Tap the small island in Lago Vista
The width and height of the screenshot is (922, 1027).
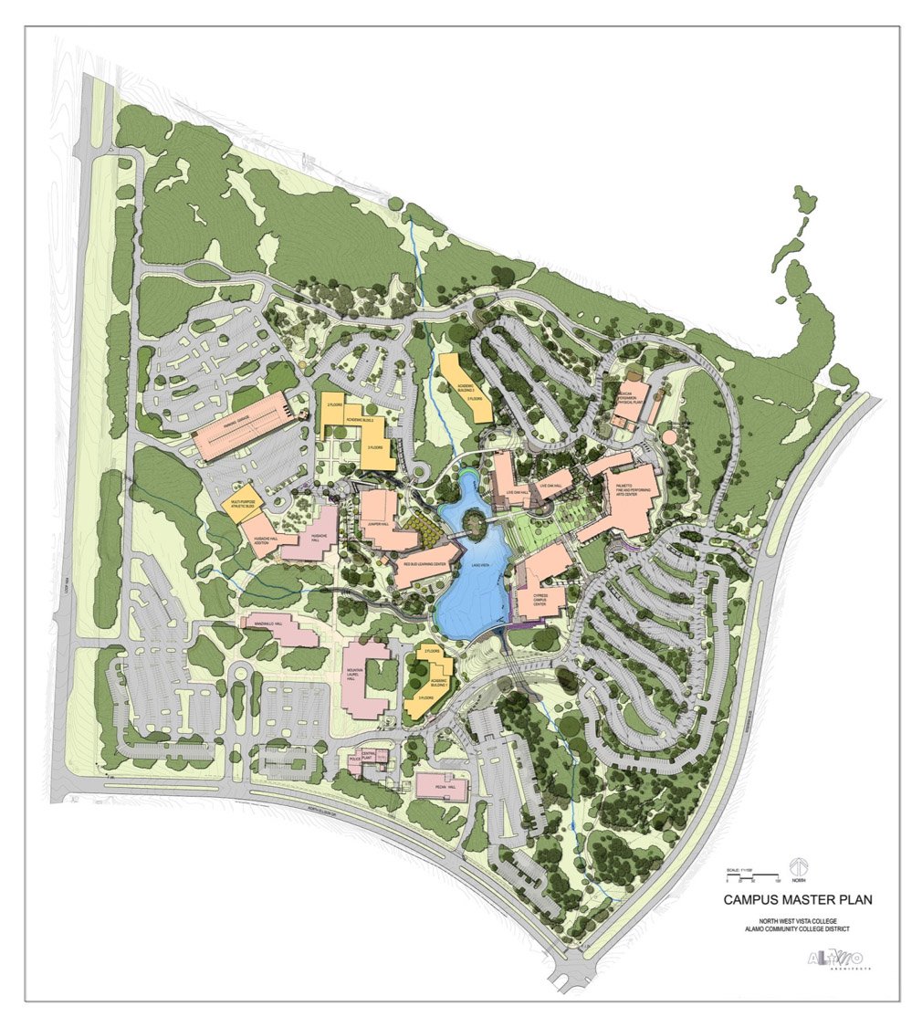coord(474,522)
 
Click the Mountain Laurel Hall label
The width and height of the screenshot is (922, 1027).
coord(354,676)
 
